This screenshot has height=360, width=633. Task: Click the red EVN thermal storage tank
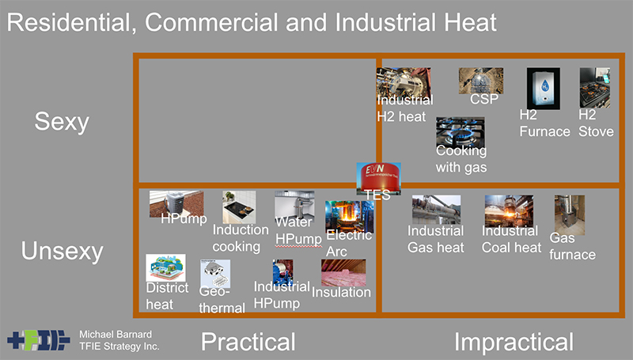point(379,179)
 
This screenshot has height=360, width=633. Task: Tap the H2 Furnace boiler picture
point(544,89)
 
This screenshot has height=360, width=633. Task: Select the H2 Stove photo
point(595,88)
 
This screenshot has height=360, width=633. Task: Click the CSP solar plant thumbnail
point(481,81)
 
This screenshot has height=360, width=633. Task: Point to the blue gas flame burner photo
point(461,132)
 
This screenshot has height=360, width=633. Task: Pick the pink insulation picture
point(343,272)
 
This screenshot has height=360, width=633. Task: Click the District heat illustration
point(165,267)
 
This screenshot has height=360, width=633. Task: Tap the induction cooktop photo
point(239,207)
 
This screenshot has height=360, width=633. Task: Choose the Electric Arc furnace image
point(350,217)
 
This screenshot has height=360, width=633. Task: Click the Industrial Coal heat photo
point(509,210)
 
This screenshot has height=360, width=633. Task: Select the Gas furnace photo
point(570,215)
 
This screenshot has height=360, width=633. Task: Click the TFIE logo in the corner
point(38,340)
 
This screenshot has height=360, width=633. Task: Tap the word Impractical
point(514,342)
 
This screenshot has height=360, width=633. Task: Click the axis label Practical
point(248,342)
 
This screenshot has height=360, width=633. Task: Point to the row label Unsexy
point(63,252)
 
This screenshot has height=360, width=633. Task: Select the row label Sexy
point(62,122)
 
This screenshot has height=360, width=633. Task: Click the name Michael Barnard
point(116,334)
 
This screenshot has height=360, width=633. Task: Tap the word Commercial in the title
point(211,22)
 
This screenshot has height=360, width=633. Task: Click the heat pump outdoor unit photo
point(176,204)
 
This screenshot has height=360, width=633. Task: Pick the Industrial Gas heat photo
point(437,210)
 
